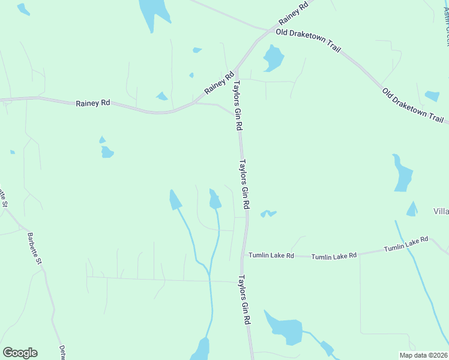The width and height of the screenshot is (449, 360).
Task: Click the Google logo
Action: click(20, 353)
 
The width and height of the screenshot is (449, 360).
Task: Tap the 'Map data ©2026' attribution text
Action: click(423, 355)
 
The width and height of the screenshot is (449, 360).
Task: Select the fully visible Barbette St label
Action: click(34, 249)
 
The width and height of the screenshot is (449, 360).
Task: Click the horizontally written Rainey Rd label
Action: click(93, 103)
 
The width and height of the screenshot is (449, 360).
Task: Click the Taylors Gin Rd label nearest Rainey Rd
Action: click(238, 106)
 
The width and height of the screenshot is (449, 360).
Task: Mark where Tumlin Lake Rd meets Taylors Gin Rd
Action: click(243, 256)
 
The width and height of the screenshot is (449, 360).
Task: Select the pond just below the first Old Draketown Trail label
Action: click(273, 59)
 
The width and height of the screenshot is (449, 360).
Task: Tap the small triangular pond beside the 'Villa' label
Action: click(412, 209)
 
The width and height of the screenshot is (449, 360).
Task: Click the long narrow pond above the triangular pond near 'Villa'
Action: click(402, 175)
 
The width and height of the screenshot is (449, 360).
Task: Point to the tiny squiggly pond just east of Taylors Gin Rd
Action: click(268, 213)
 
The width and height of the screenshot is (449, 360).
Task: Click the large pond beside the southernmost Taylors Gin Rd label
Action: click(285, 328)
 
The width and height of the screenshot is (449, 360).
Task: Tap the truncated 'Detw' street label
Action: click(62, 352)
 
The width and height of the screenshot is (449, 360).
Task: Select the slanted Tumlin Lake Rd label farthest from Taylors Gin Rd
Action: click(406, 244)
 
